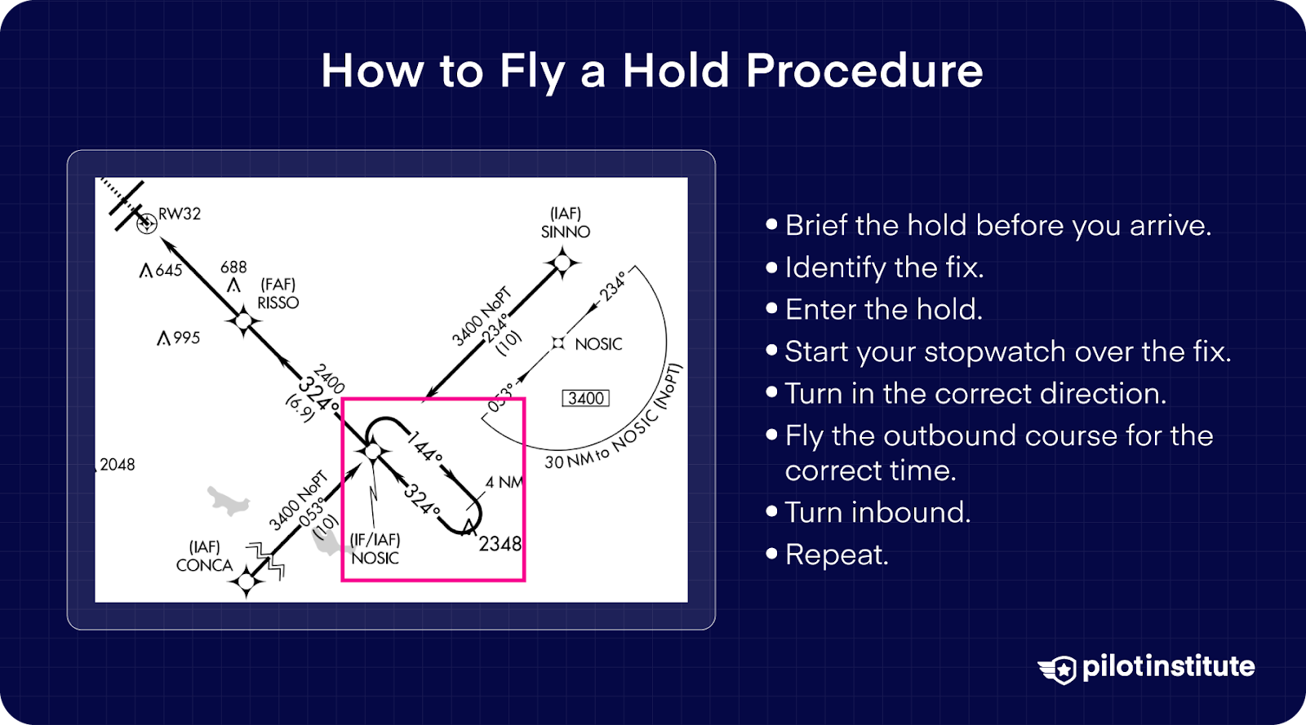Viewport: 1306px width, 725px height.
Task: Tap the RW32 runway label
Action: [x=179, y=214]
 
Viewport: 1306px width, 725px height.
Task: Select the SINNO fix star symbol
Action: [x=562, y=263]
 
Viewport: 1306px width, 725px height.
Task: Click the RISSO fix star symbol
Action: [x=243, y=321]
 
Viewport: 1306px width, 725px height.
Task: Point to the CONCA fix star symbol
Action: [x=246, y=581]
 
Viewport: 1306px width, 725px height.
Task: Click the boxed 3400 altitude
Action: [x=586, y=398]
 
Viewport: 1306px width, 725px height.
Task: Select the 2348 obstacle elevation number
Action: [x=500, y=544]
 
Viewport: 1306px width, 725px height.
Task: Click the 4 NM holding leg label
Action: [x=504, y=482]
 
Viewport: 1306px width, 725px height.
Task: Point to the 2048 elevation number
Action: [x=117, y=465]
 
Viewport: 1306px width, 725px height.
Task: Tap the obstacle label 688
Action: [x=233, y=267]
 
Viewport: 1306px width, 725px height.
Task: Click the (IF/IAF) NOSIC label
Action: [x=375, y=549]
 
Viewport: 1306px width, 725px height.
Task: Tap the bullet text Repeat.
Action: [x=836, y=555]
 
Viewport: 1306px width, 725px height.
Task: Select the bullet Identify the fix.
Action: [x=883, y=267]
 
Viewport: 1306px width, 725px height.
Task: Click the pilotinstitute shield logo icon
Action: [x=1059, y=669]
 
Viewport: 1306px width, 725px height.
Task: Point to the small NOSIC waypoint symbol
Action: [x=558, y=343]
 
